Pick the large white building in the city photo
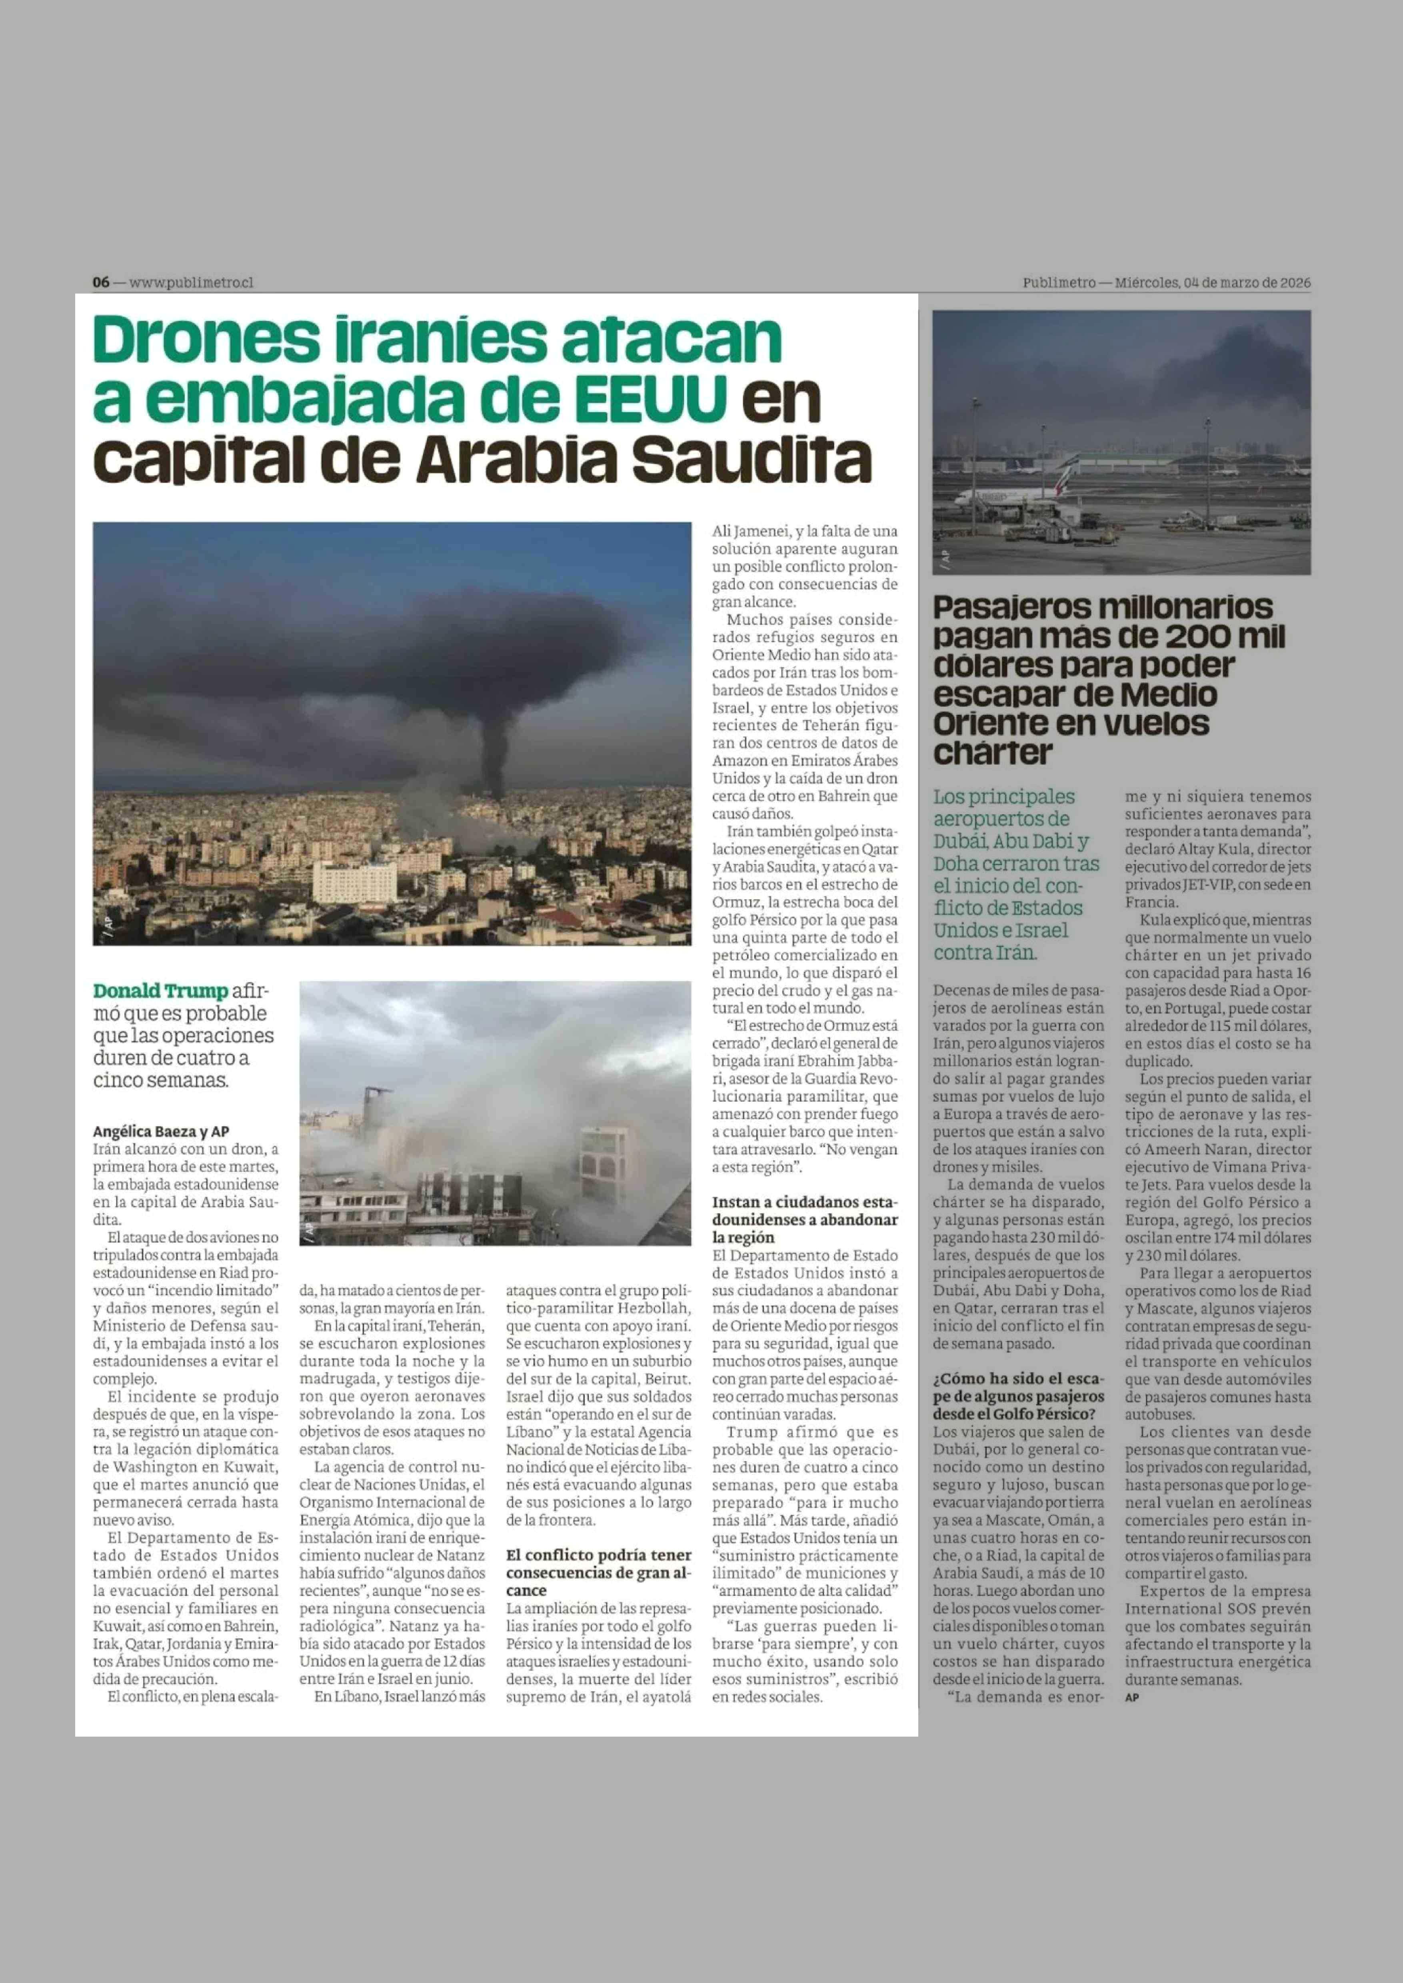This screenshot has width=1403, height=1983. pos(354,882)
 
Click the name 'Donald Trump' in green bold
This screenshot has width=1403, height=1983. pos(161,991)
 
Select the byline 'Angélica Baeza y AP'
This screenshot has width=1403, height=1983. pos(161,1131)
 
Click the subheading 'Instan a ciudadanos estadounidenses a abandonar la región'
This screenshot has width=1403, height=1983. pos(804,1219)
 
